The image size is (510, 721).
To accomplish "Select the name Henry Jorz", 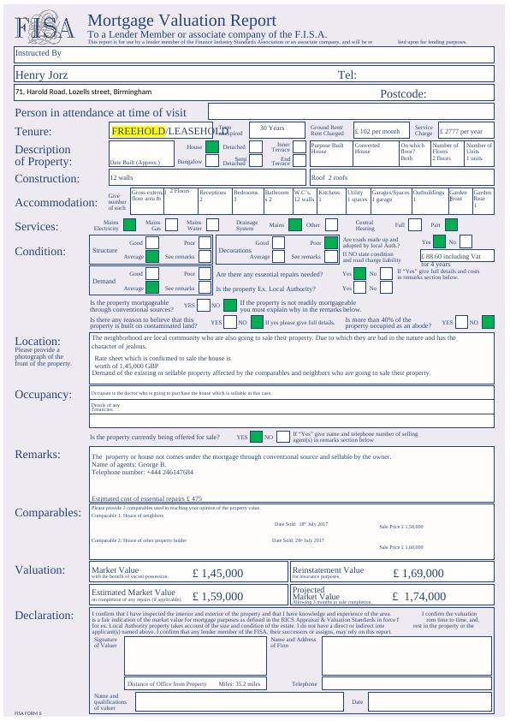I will tap(41, 75).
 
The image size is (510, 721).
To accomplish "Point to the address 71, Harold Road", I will tap(83, 92).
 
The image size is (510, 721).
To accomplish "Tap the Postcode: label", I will tap(402, 94).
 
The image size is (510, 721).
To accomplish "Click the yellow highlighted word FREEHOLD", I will tap(138, 131).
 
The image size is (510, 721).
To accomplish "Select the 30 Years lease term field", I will tap(272, 128).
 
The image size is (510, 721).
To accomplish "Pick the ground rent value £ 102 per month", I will tap(377, 132).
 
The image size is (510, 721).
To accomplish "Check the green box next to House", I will tap(212, 147).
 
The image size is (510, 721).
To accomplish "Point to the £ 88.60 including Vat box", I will tap(457, 256).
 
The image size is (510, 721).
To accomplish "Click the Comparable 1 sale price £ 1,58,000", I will tap(401, 527).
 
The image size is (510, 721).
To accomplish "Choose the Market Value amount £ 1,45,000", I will tap(218, 573).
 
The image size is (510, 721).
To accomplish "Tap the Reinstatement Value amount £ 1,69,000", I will tap(418, 573).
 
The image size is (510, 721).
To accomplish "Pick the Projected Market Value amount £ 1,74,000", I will tap(419, 596).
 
